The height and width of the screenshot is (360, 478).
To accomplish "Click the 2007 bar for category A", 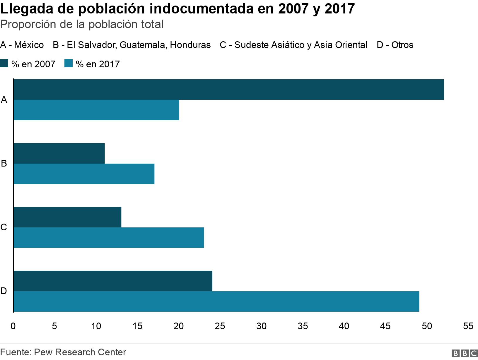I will pyautogui.click(x=229, y=90).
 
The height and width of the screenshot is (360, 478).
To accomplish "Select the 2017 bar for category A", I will pyautogui.click(x=96, y=110).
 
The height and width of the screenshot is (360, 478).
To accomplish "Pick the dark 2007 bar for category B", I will pyautogui.click(x=59, y=153).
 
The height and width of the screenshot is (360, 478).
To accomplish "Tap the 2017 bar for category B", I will pyautogui.click(x=84, y=174).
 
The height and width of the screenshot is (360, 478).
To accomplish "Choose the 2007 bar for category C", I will pyautogui.click(x=67, y=217).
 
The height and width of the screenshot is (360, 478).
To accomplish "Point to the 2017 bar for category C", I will pyautogui.click(x=109, y=238).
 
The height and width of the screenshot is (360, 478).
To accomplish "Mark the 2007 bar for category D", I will pyautogui.click(x=113, y=281).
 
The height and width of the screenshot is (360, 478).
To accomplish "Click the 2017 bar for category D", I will pyautogui.click(x=216, y=301).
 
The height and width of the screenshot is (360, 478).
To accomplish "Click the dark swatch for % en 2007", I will pyautogui.click(x=4, y=64).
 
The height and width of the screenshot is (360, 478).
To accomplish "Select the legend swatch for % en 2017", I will pyautogui.click(x=68, y=64).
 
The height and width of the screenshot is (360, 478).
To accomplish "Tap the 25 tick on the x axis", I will pyautogui.click(x=220, y=326).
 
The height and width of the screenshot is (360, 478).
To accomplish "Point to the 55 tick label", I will pyautogui.click(x=468, y=326).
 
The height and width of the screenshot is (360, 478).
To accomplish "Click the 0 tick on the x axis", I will pyautogui.click(x=13, y=326).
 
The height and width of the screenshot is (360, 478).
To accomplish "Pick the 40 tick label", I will pyautogui.click(x=344, y=326).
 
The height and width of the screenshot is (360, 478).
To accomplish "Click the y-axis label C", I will pyautogui.click(x=4, y=227).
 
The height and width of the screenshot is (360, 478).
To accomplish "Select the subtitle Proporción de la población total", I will pyautogui.click(x=82, y=24).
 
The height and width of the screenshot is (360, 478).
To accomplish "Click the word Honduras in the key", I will pyautogui.click(x=190, y=45).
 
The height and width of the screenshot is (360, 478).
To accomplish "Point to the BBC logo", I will pyautogui.click(x=464, y=353).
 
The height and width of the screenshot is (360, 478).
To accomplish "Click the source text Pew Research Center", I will pyautogui.click(x=80, y=352).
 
